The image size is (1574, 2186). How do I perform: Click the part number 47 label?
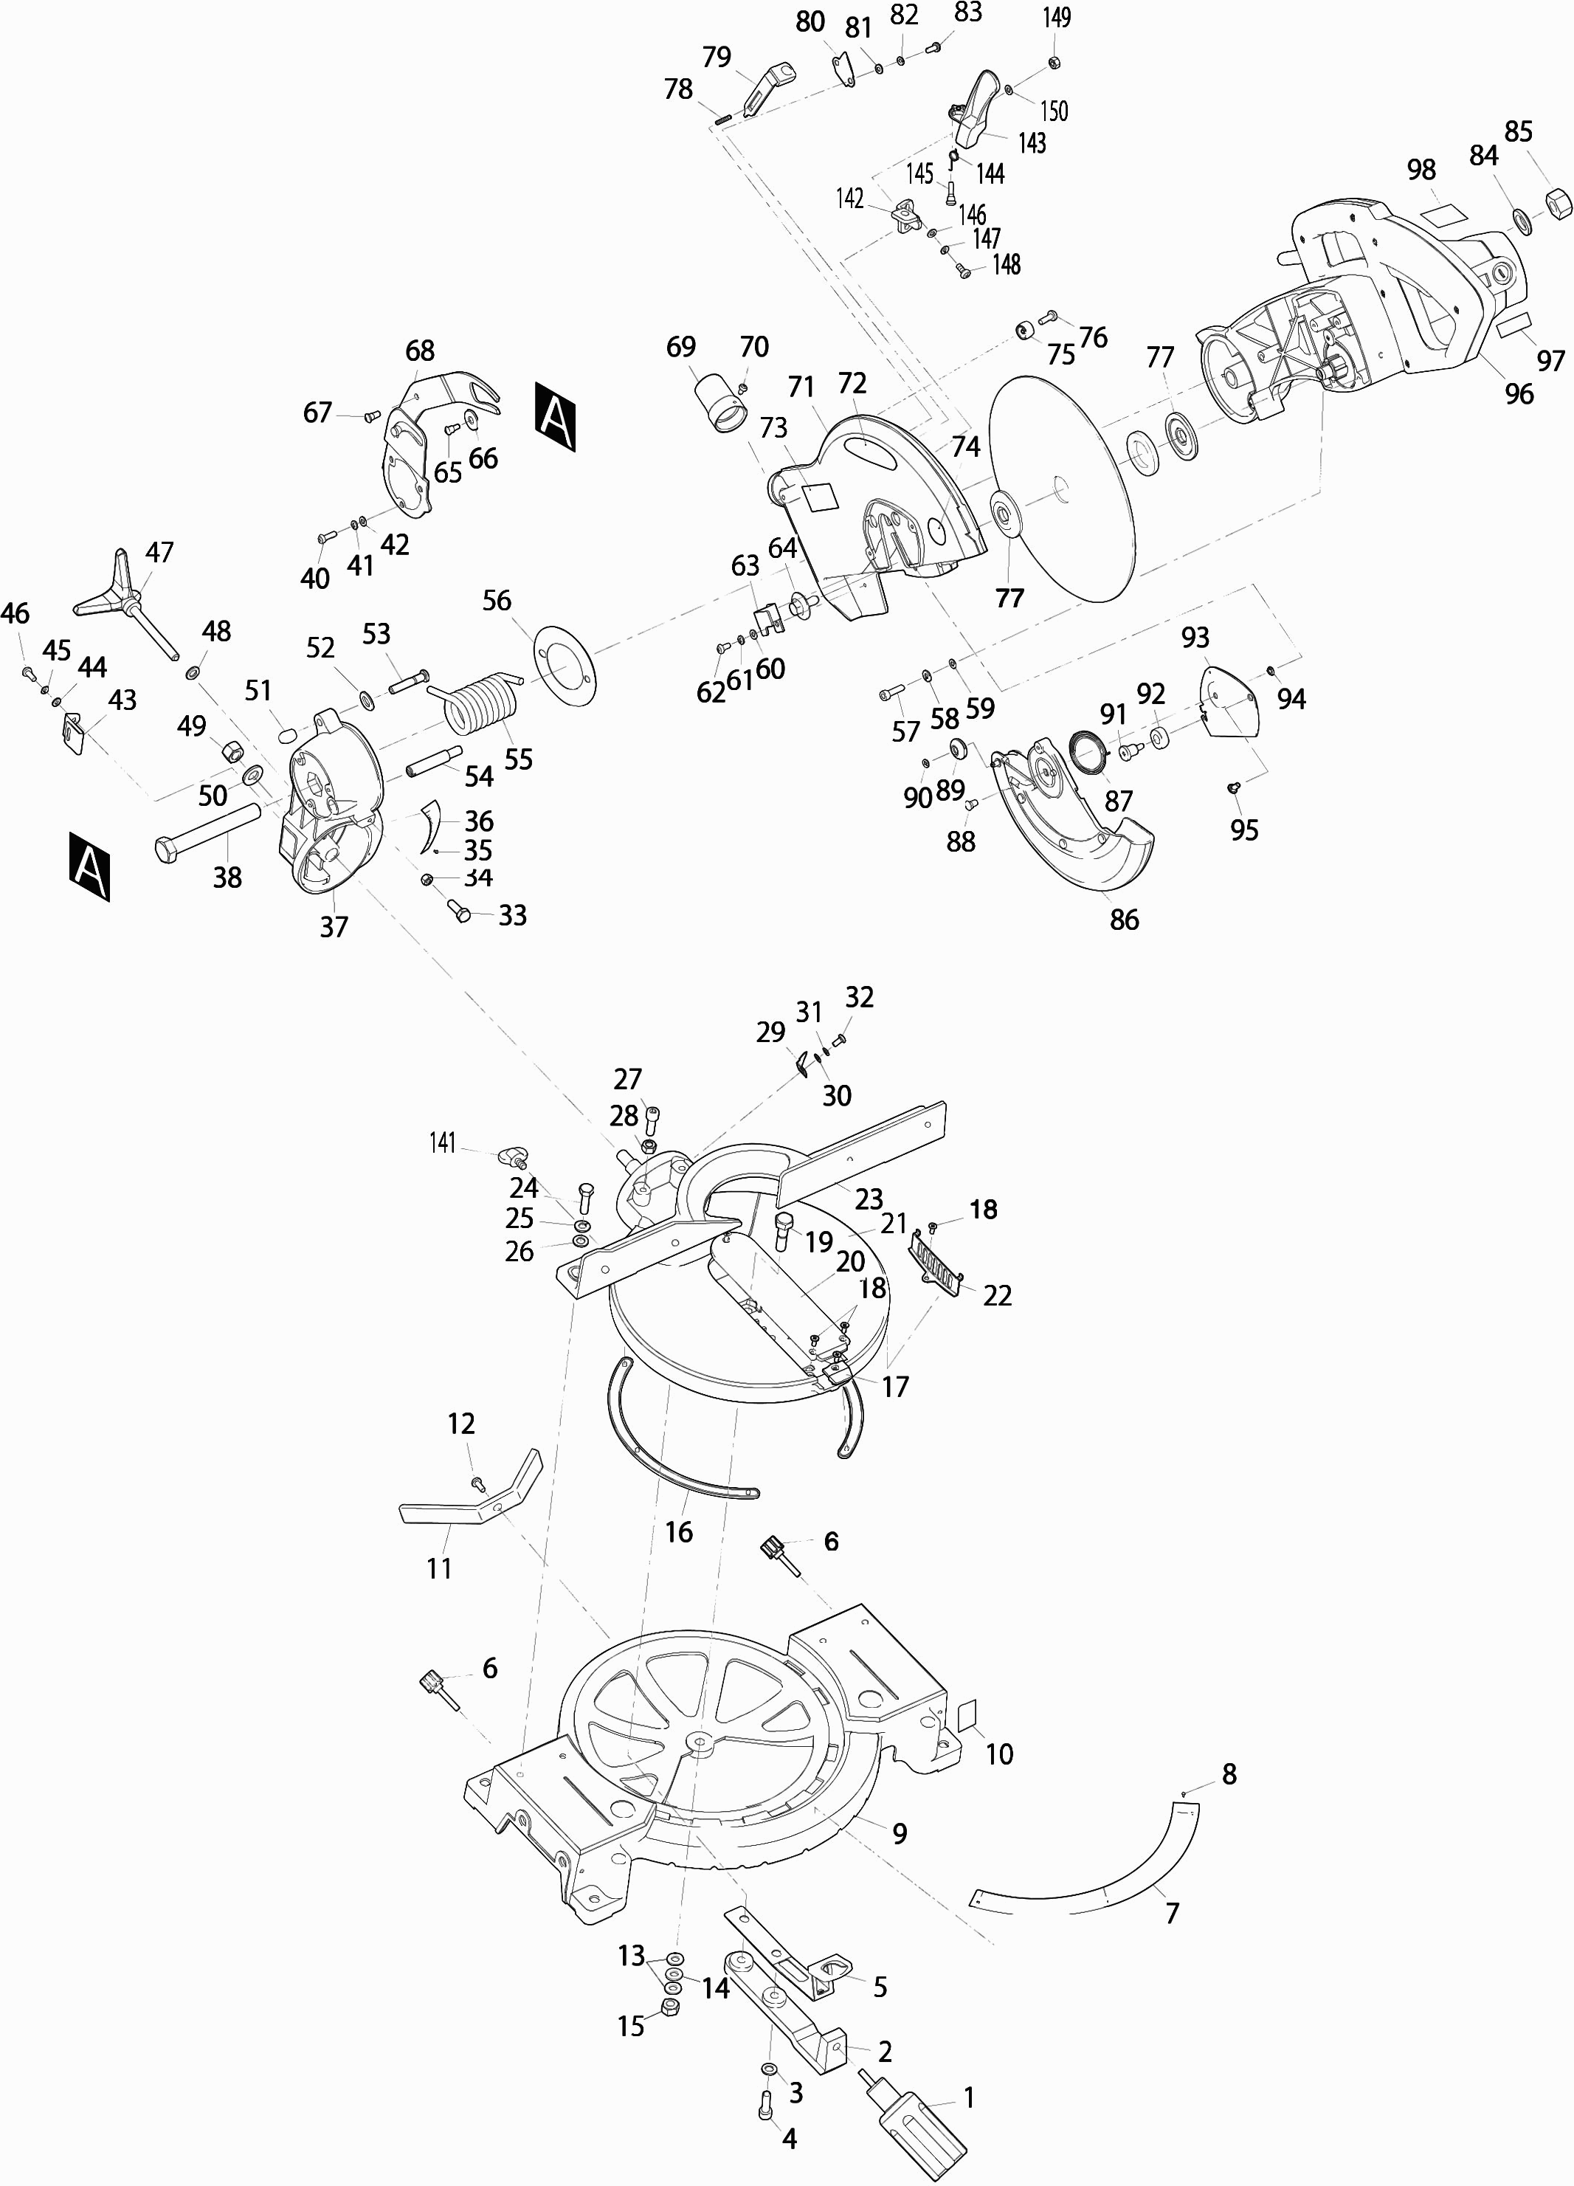tap(159, 552)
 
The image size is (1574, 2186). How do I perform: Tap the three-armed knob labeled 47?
tap(123, 599)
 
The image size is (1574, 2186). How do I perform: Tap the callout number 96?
tap(1519, 393)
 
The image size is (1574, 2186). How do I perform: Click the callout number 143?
tap(1032, 142)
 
